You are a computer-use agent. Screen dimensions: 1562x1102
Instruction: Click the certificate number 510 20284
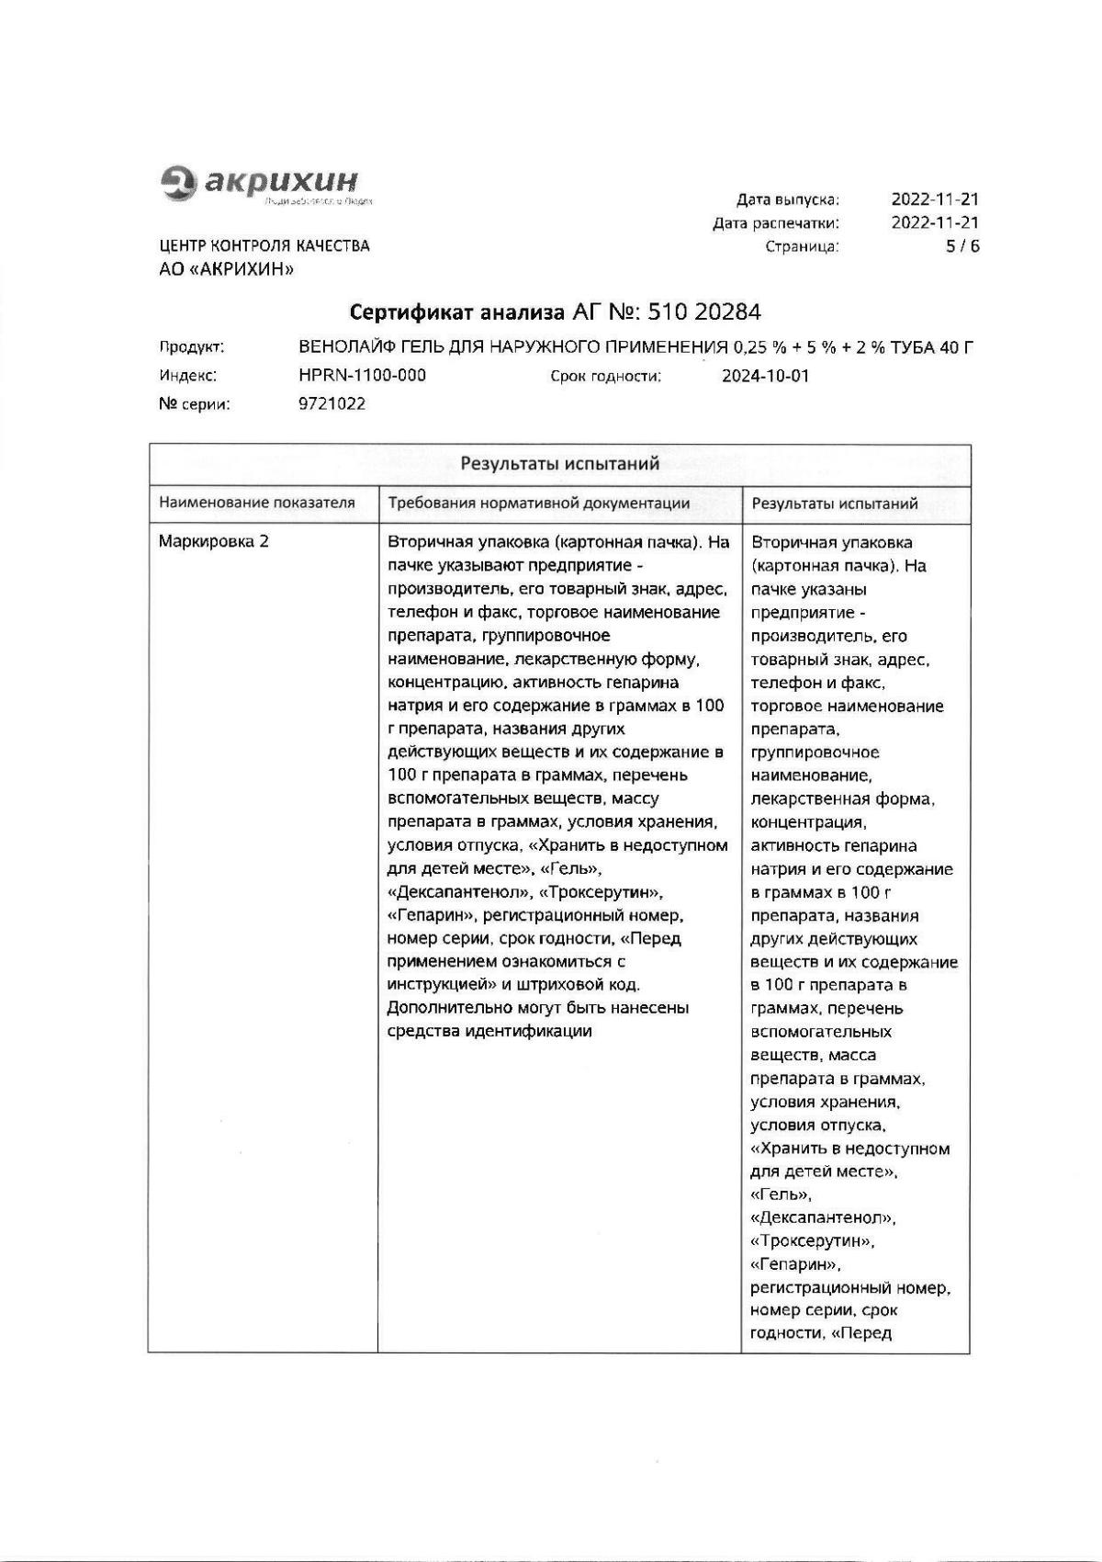704,313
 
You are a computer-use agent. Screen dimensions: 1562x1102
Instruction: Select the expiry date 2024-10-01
765,376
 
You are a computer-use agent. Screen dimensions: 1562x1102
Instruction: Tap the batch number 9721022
332,403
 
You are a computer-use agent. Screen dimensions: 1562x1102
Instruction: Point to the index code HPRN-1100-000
362,376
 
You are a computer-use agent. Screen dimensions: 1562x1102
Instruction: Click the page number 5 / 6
962,246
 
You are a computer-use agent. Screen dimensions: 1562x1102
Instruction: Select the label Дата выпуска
788,199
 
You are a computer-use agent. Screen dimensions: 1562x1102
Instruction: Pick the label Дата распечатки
776,223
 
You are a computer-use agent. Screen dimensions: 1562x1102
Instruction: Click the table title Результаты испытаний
559,464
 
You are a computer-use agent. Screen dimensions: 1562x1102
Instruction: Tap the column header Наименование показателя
257,504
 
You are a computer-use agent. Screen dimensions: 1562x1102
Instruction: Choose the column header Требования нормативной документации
539,504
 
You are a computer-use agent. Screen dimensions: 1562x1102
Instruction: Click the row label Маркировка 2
214,542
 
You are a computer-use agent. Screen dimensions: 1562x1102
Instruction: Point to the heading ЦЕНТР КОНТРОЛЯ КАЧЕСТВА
264,246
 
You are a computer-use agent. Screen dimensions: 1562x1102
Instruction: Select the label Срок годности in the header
606,376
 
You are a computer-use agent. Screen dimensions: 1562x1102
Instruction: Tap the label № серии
195,403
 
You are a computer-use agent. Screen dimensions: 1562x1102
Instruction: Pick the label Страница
802,246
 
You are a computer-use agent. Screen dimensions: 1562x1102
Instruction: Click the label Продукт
192,347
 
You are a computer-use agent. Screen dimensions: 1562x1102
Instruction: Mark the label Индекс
187,376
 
